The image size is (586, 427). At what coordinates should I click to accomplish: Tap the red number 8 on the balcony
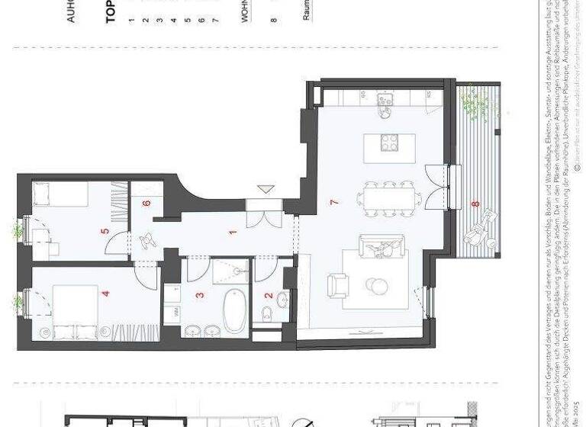click(475, 204)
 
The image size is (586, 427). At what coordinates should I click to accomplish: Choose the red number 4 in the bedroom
click(106, 292)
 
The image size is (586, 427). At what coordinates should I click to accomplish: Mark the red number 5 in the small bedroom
click(105, 230)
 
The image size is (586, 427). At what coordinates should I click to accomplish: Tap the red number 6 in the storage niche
click(147, 204)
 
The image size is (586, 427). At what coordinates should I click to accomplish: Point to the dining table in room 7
click(391, 199)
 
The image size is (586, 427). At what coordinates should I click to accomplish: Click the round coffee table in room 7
click(378, 285)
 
